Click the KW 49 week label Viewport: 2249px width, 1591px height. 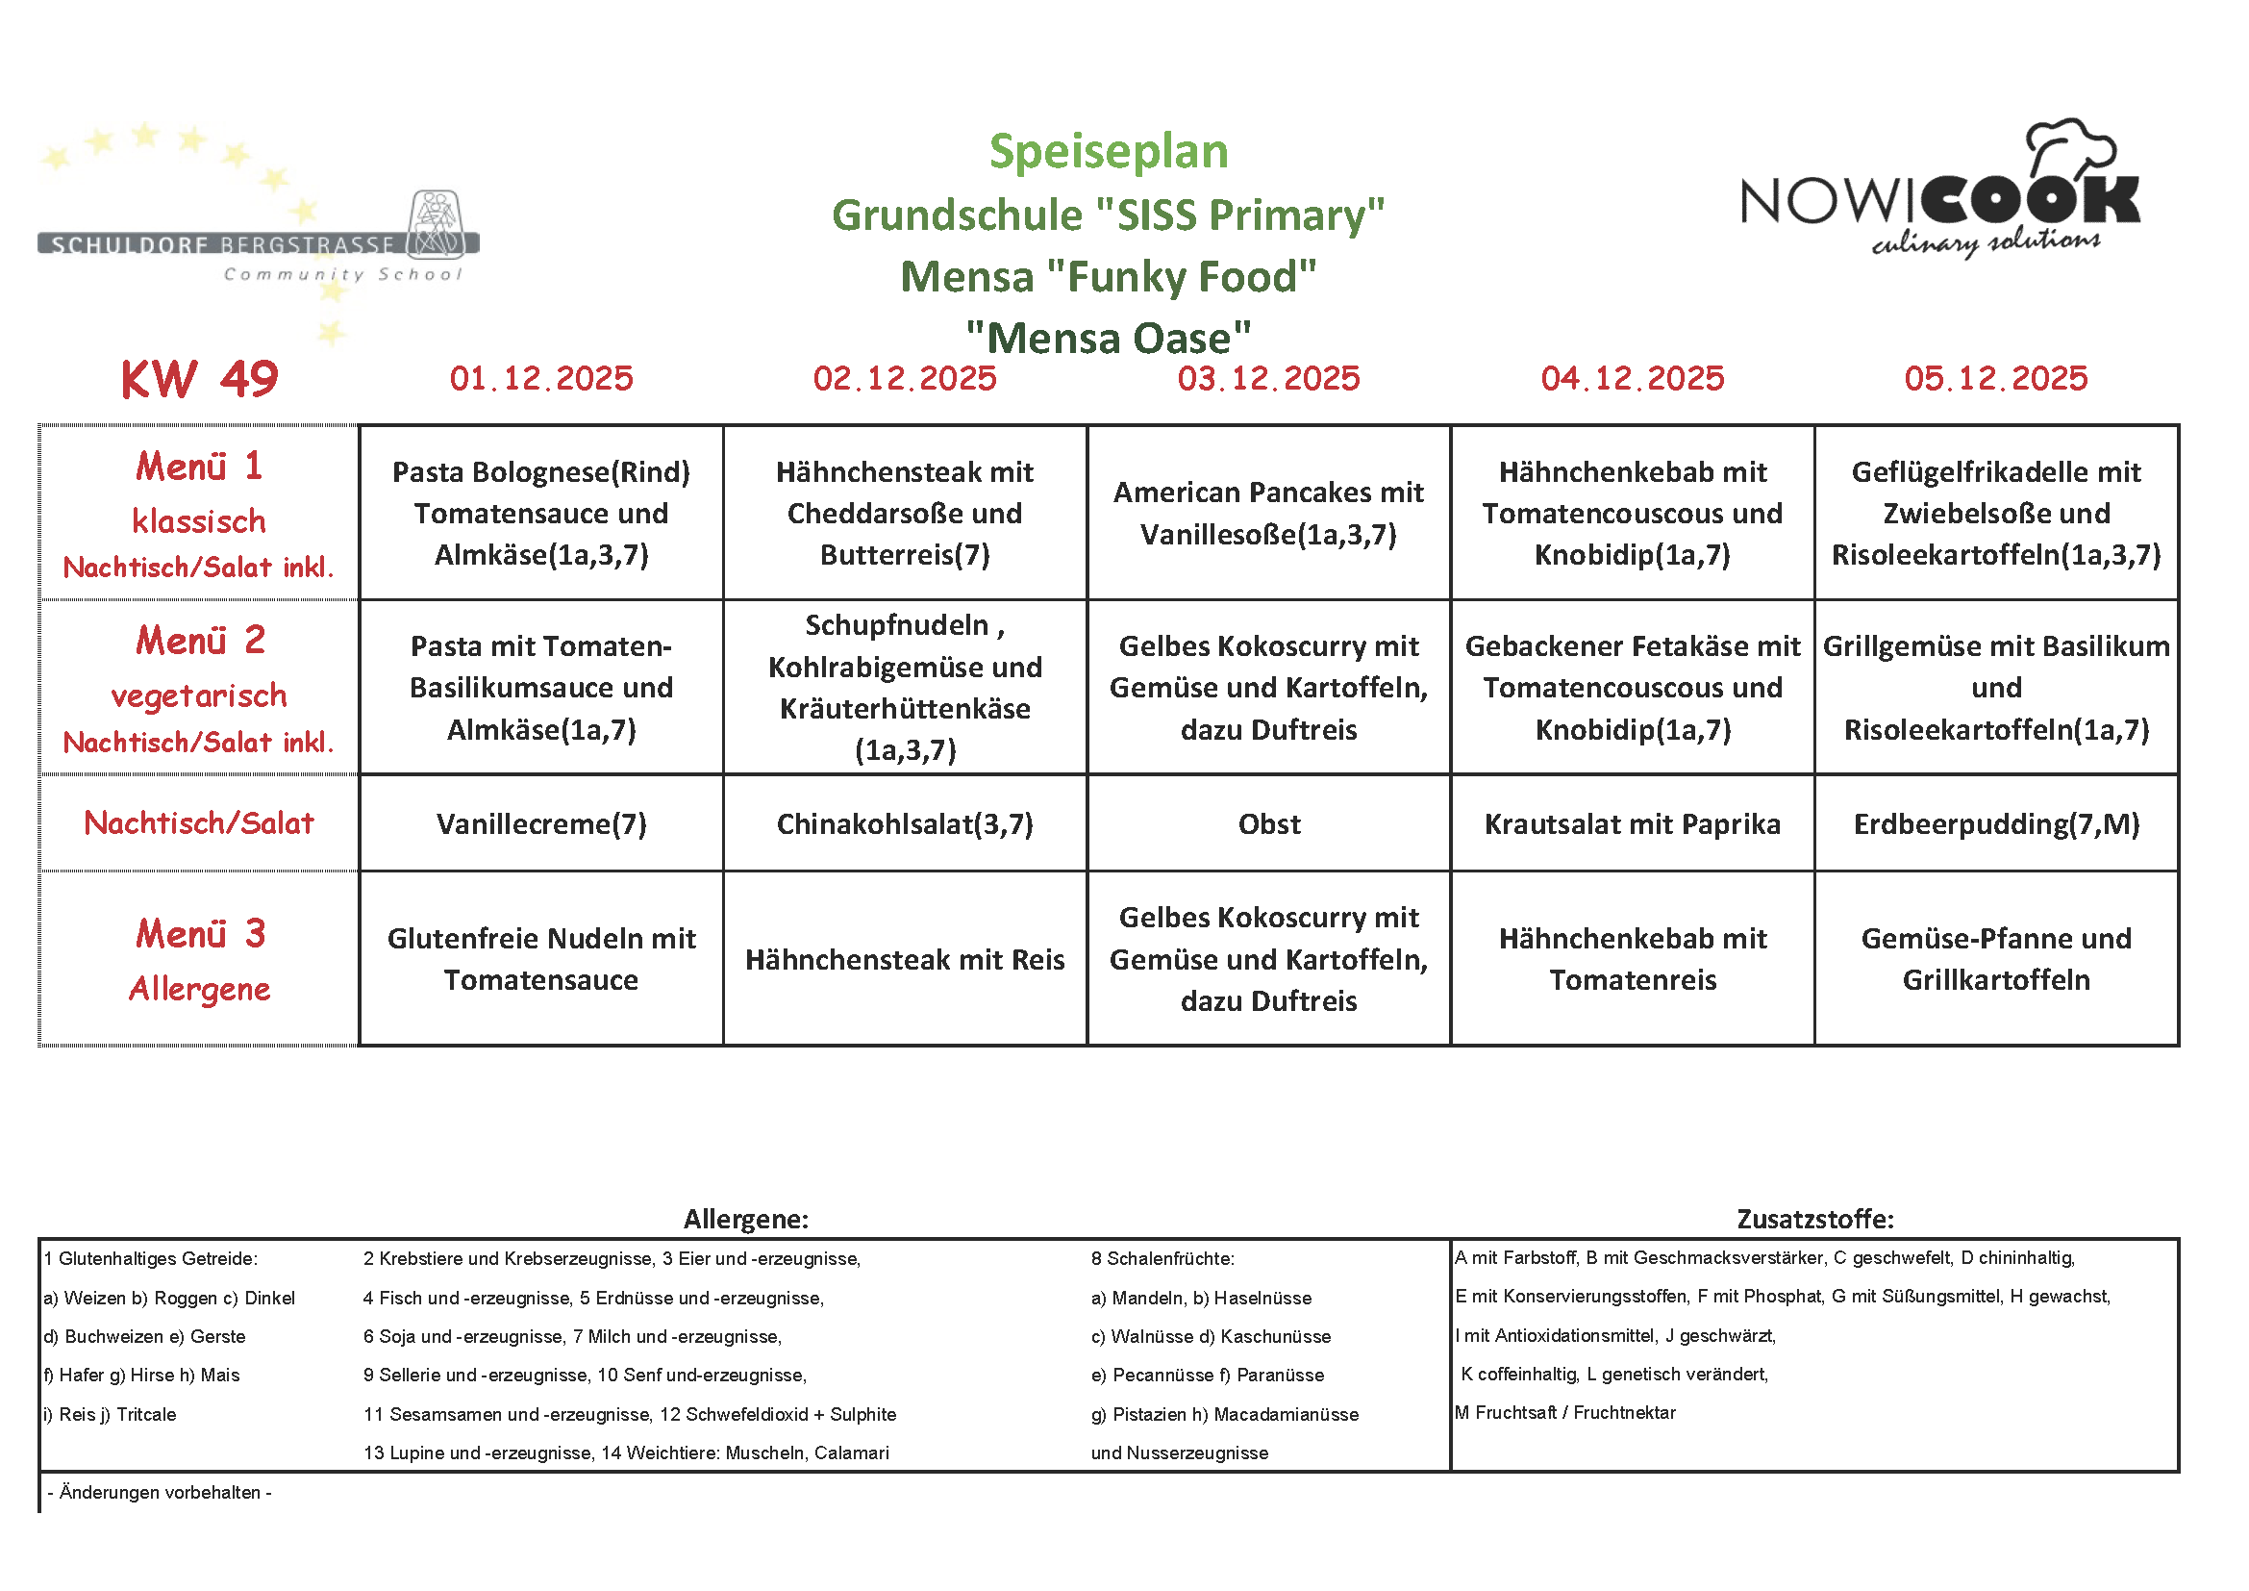[199, 379]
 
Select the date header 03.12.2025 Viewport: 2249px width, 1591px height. [1268, 378]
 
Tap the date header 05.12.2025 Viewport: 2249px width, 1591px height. [1995, 378]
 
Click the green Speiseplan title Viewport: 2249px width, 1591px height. [1108, 152]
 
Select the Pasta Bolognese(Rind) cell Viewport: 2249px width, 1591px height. [540, 513]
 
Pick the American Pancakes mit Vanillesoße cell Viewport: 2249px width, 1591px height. [1268, 513]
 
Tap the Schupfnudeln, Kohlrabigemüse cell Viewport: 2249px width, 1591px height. [904, 687]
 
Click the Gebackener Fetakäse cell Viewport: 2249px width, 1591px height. [1632, 687]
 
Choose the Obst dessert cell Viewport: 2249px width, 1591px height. [1268, 824]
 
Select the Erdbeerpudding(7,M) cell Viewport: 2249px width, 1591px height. [1995, 824]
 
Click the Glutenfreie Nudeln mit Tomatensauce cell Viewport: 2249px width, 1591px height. [540, 958]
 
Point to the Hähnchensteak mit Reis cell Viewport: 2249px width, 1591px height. [904, 959]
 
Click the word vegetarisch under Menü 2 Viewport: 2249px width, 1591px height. [199, 695]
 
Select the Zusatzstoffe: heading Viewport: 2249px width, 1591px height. [1815, 1219]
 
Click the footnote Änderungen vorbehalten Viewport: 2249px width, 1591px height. [160, 1492]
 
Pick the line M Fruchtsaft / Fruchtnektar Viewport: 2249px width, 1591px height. [1565, 1413]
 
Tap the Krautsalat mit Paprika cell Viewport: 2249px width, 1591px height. [1632, 824]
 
